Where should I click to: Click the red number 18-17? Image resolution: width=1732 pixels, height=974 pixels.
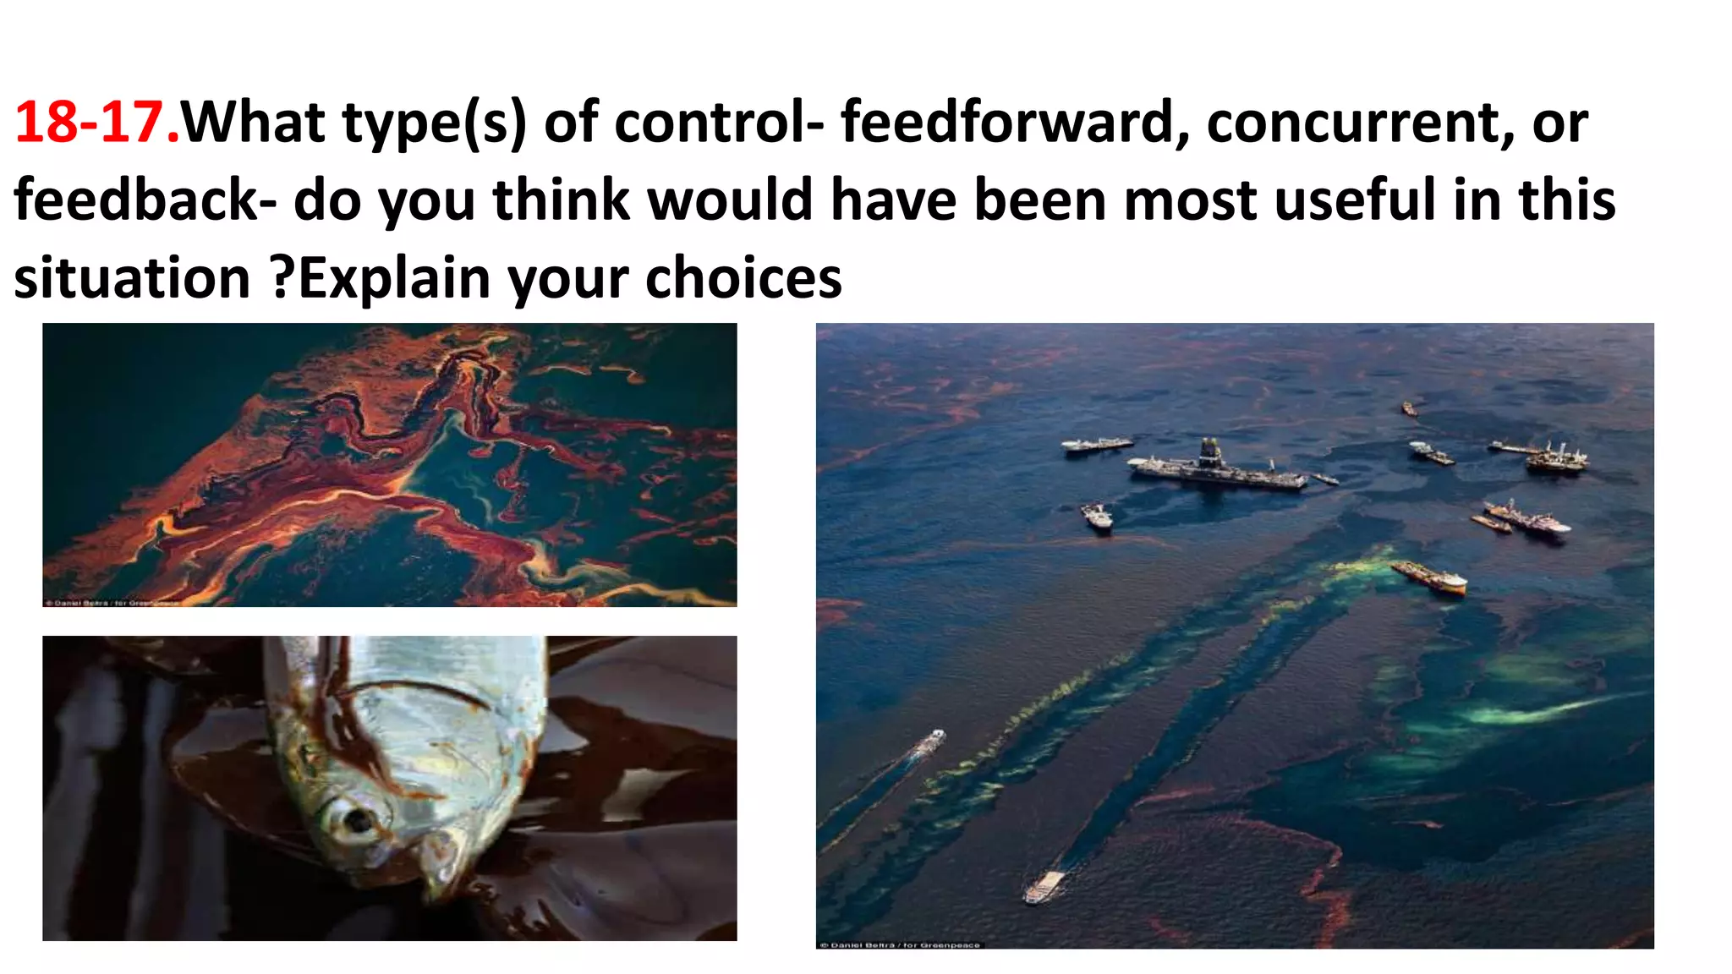96,123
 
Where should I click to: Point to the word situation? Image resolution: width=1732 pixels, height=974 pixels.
132,279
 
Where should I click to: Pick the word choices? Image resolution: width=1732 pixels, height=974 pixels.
743,279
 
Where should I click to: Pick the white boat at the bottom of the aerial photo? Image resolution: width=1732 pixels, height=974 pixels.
1044,887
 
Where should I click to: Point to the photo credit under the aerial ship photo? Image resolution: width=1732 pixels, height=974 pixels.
900,944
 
